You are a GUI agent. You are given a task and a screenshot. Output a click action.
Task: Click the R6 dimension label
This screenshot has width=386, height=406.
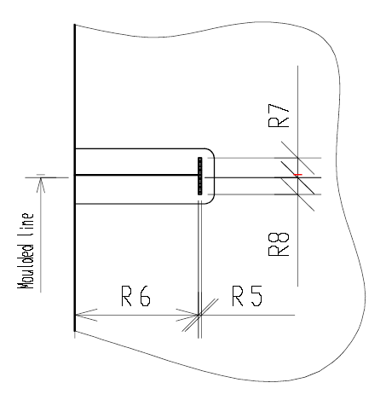point(136,296)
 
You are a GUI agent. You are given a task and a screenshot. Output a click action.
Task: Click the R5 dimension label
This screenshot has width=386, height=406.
point(247,296)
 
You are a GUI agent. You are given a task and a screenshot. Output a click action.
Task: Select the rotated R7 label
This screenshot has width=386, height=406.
point(279,115)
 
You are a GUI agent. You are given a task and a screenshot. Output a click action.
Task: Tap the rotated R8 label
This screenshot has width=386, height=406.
point(279,244)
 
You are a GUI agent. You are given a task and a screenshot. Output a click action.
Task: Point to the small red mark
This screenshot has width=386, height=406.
point(298,175)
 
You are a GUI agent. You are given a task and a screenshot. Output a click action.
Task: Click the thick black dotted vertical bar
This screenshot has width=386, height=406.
point(200,176)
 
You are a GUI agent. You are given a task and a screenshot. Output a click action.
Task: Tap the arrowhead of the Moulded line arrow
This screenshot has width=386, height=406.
point(41,185)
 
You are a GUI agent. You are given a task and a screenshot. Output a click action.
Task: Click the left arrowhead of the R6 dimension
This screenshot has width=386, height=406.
point(86,315)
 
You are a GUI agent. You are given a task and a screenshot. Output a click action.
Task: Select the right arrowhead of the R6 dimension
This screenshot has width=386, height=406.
point(187,315)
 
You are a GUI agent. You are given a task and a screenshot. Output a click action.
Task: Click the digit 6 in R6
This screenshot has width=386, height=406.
point(145,296)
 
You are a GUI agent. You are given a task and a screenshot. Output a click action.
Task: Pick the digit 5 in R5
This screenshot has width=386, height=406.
point(256,296)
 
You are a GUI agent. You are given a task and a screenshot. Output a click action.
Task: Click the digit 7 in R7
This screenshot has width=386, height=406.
point(279,109)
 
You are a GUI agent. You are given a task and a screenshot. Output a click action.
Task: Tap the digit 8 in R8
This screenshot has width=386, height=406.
point(279,238)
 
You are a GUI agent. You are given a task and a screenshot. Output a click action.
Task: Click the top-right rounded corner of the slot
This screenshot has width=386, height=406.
point(211,151)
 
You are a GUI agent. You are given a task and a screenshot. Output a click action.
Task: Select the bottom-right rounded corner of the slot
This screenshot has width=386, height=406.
point(211,201)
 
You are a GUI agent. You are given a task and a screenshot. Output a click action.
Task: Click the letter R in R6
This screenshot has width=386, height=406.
point(126,296)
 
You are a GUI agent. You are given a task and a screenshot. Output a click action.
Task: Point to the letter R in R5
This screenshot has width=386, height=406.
point(238,296)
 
